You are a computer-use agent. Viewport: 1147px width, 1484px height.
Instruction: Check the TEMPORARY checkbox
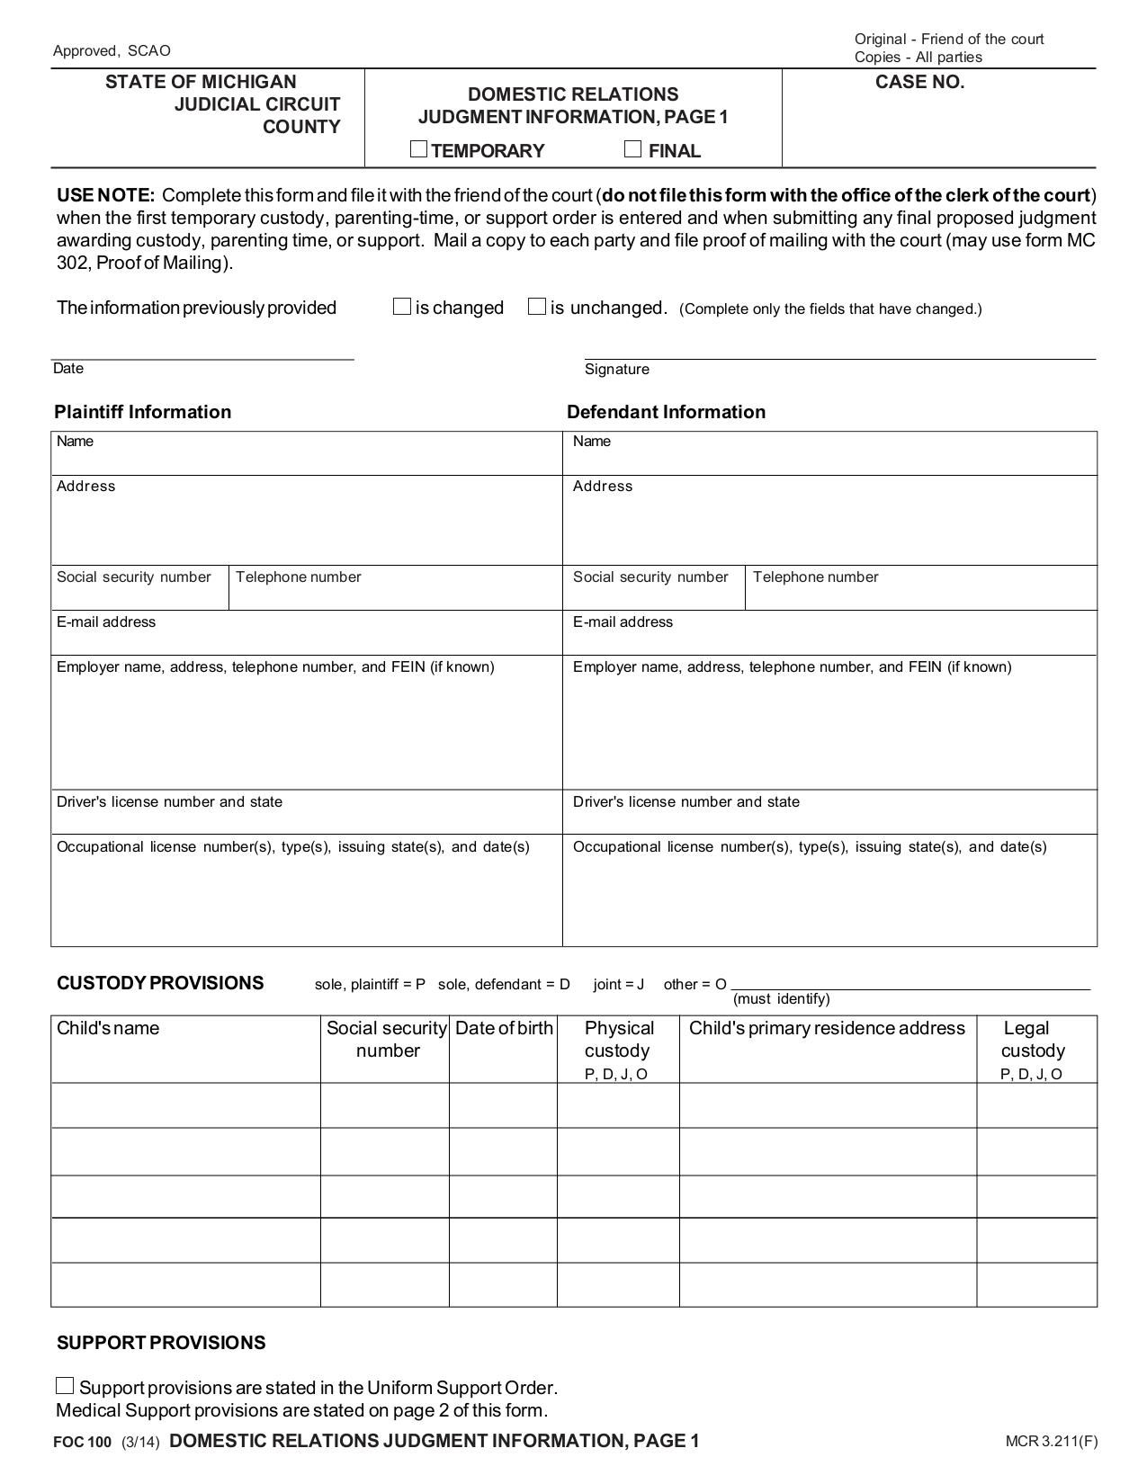(x=418, y=149)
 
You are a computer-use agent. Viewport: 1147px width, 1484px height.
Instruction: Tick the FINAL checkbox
(x=633, y=149)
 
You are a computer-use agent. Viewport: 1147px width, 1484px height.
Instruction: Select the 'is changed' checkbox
(x=402, y=307)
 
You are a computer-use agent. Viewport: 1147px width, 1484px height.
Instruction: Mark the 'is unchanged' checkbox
(x=537, y=307)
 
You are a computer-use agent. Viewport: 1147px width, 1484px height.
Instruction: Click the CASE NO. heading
(x=919, y=83)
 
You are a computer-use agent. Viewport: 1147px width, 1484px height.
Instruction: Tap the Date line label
(x=68, y=368)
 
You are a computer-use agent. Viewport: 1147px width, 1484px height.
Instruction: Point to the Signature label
(x=616, y=369)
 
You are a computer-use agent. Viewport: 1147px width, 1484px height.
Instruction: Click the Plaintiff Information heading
(x=142, y=412)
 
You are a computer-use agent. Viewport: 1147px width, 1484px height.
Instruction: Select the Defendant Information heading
(x=666, y=412)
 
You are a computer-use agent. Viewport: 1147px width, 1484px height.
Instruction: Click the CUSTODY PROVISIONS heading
(x=160, y=983)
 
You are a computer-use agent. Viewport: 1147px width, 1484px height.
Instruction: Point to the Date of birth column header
(x=504, y=1028)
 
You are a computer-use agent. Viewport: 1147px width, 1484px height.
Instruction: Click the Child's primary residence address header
(x=827, y=1028)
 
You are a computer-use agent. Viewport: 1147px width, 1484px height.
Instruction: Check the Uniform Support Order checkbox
(x=65, y=1386)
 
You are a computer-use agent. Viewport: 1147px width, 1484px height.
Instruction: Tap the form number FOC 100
(x=82, y=1443)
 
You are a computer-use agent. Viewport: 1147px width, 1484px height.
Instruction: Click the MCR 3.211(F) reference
(x=1051, y=1442)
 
